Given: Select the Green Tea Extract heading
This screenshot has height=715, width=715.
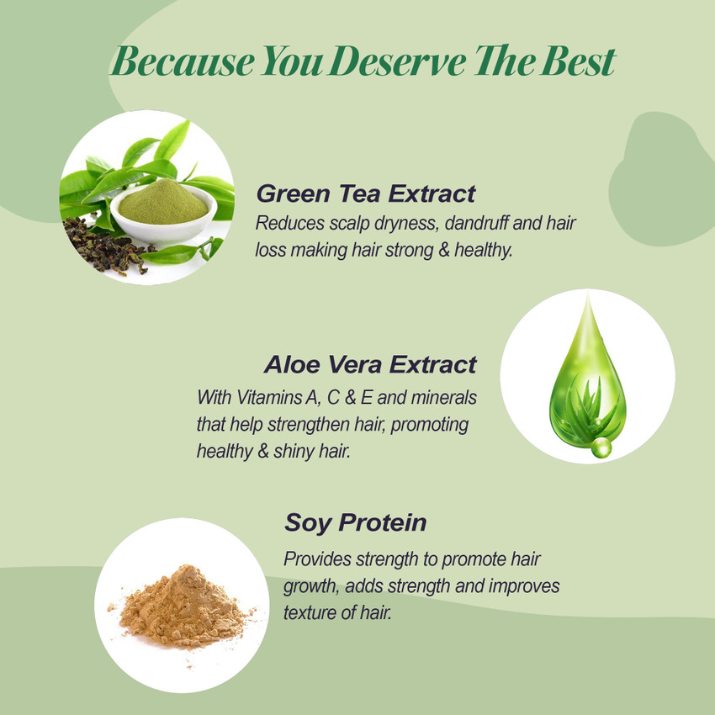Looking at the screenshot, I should pos(366,193).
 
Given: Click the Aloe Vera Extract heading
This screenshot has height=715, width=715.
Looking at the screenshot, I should pos(369,364).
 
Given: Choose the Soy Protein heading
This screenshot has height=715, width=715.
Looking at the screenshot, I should pos(355,522).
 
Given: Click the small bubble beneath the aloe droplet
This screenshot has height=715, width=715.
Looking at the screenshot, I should pos(601,448).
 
